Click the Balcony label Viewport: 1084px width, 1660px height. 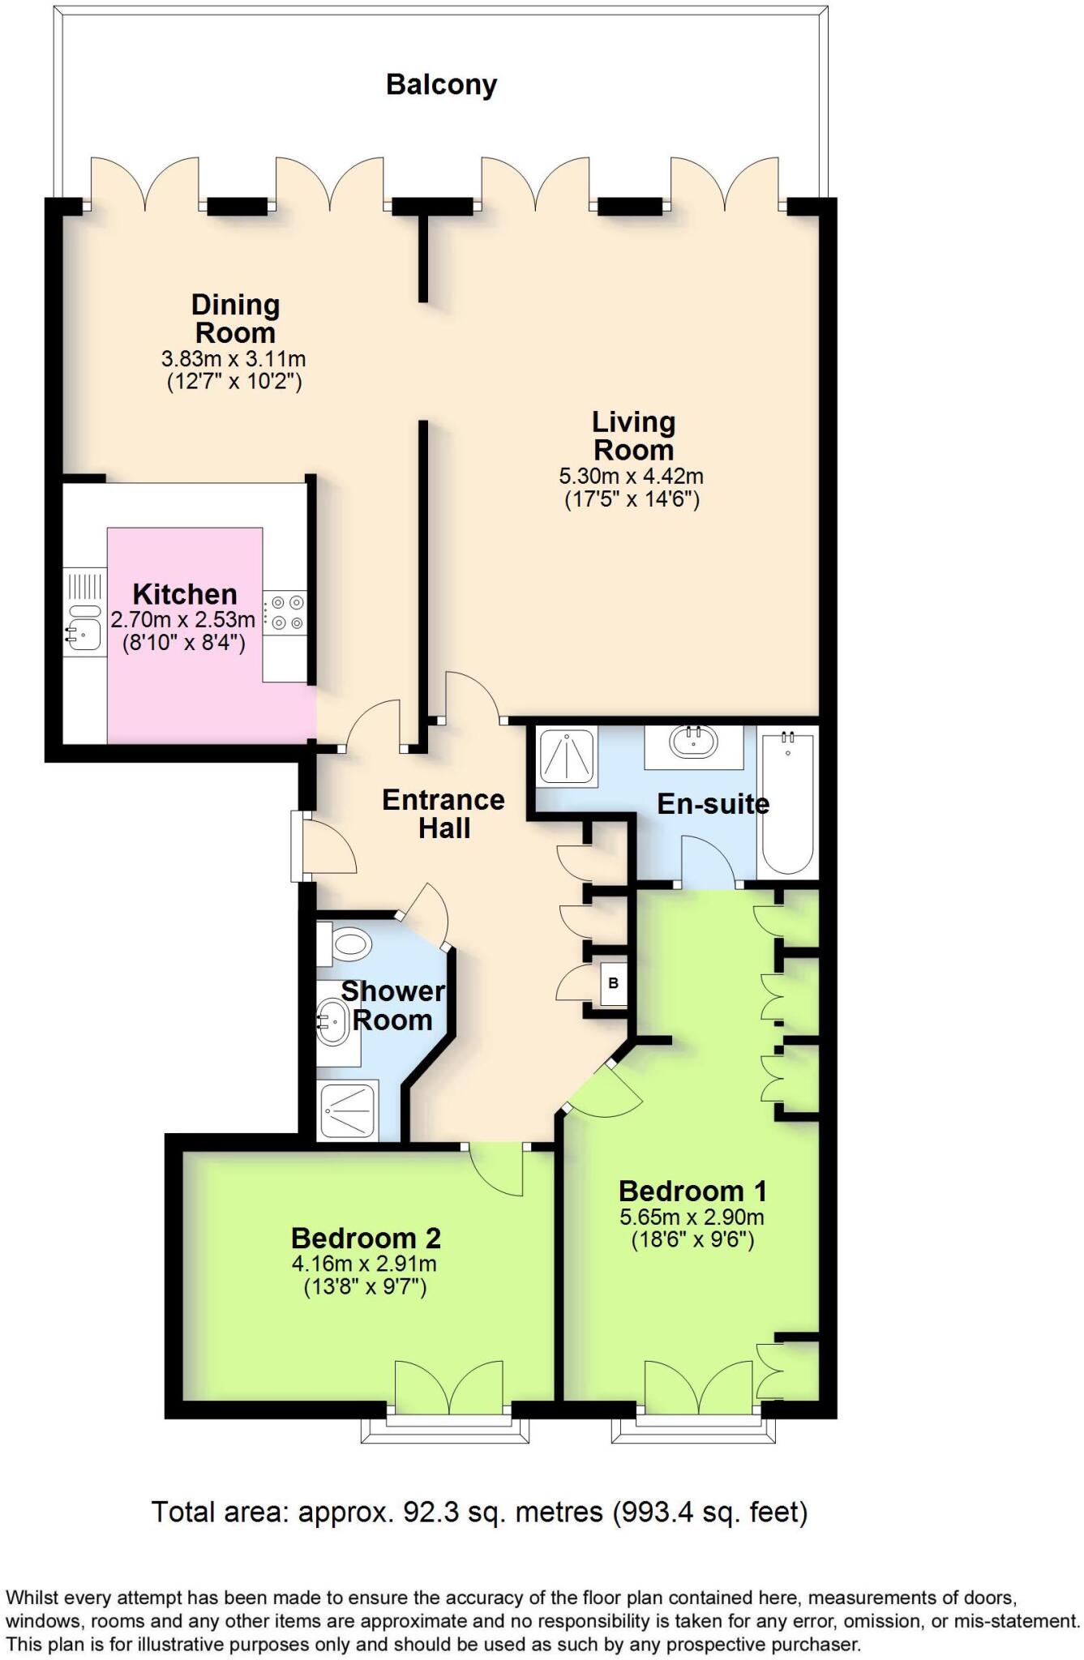click(441, 84)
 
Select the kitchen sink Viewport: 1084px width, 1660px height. click(83, 627)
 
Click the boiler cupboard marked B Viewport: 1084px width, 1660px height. click(613, 983)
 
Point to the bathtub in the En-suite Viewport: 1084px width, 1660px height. click(788, 802)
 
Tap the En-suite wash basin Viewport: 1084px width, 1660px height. click(693, 742)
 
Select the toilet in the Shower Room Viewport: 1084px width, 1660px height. click(347, 944)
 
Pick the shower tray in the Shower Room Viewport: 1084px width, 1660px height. click(349, 1110)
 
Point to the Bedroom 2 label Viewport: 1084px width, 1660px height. click(366, 1239)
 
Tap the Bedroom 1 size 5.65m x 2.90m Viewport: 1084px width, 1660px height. click(692, 1217)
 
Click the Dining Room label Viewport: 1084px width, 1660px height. click(235, 319)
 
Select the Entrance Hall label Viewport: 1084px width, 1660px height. click(443, 813)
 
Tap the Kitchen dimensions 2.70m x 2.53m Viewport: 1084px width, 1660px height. click(183, 620)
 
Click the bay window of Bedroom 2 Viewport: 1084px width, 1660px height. click(445, 1431)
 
